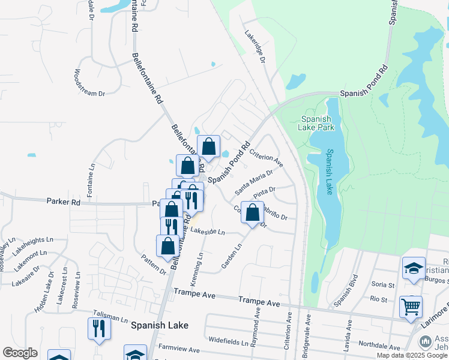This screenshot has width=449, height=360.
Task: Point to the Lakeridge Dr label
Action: coord(255,47)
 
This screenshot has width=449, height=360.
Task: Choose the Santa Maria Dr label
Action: coord(253,181)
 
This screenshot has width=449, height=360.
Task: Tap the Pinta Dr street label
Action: coord(264,193)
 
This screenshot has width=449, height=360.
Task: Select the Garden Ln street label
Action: coord(232,256)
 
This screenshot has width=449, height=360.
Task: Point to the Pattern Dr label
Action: coord(154,264)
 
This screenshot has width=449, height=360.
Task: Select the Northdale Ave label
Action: coord(379,345)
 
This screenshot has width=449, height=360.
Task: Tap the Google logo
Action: coord(20,353)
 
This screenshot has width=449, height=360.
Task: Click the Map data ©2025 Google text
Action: coord(412,355)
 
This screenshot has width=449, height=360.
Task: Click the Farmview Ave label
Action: coord(179,349)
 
